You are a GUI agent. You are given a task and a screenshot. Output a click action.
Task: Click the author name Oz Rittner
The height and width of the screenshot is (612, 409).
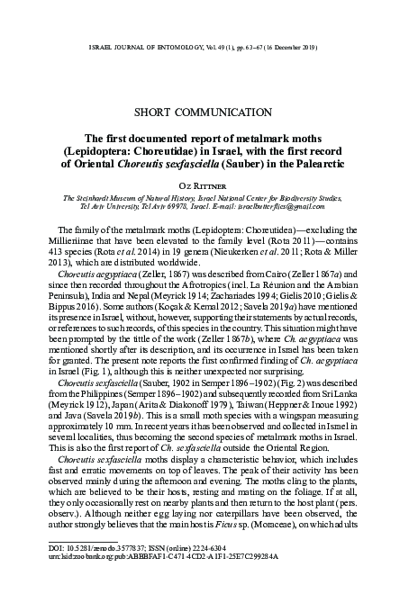click(x=204, y=181)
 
